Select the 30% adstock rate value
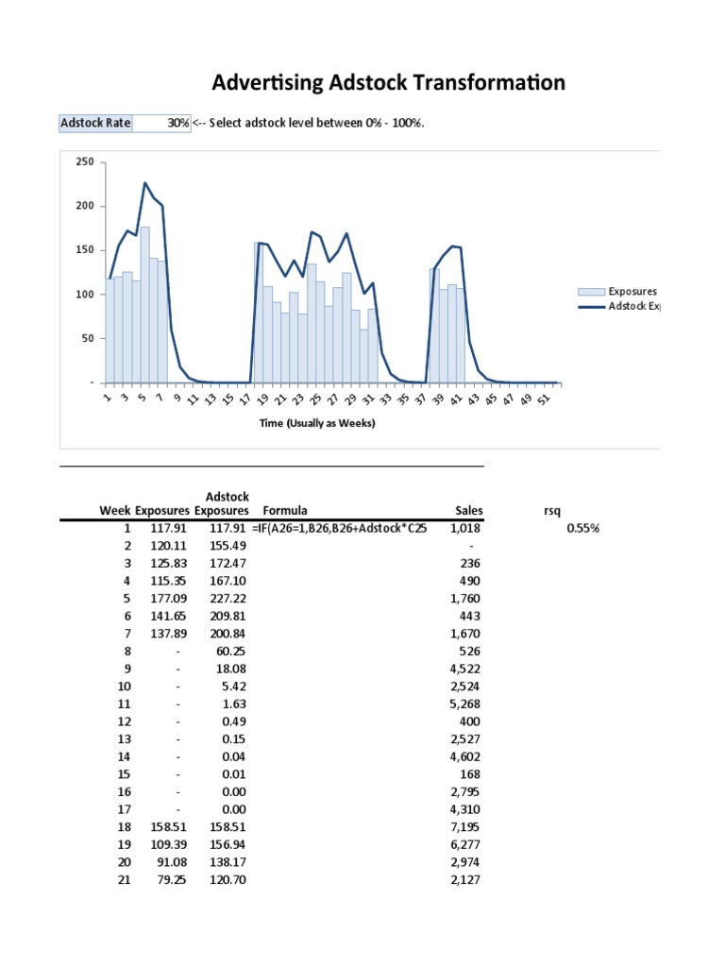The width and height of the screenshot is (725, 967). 177,123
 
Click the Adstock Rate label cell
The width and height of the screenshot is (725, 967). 95,123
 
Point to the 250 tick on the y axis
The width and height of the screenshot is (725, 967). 84,162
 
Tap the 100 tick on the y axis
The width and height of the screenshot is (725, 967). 84,295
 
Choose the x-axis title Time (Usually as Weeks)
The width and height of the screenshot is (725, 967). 317,423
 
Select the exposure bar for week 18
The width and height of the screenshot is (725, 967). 259,312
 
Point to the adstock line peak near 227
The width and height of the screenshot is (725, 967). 144,182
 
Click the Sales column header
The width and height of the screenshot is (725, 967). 469,510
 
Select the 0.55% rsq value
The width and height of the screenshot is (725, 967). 582,528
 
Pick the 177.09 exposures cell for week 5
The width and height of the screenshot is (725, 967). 171,600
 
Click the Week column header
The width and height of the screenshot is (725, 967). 115,510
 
